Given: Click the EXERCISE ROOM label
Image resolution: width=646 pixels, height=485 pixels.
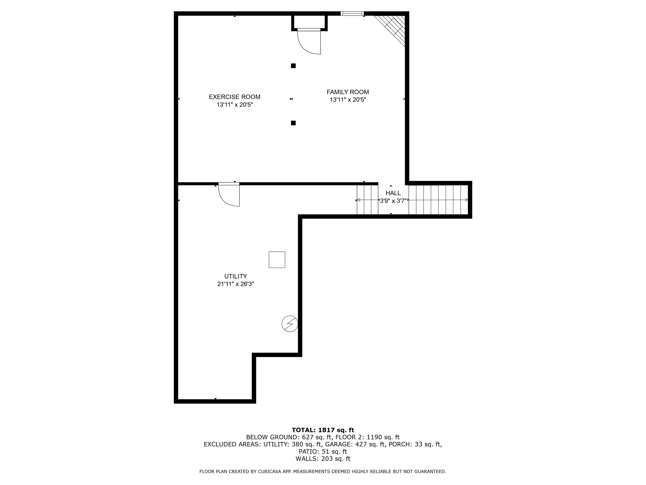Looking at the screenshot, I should click(234, 97).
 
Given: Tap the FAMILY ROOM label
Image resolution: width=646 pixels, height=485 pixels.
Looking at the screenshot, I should click(348, 92).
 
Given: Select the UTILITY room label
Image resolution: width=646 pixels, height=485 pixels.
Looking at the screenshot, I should click(235, 276).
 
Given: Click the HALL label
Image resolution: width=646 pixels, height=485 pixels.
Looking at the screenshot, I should click(393, 193).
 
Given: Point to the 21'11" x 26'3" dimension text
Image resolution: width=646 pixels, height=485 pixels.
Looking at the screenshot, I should click(235, 284).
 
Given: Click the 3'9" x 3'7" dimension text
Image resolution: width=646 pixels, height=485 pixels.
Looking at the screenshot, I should click(393, 201).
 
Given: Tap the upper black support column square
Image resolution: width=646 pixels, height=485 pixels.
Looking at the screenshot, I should click(293, 66).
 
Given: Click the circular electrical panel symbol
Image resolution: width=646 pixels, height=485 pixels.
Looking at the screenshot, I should click(290, 324).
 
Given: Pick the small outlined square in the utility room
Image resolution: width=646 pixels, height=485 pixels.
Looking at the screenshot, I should click(277, 260).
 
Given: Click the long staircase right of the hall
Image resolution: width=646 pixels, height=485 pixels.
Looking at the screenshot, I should click(438, 200).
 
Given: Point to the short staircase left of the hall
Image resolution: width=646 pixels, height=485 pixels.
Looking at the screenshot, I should click(367, 200).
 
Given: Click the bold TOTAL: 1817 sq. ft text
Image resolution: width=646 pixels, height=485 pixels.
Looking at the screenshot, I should click(323, 430).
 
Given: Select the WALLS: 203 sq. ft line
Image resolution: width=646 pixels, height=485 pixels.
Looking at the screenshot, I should click(323, 459).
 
